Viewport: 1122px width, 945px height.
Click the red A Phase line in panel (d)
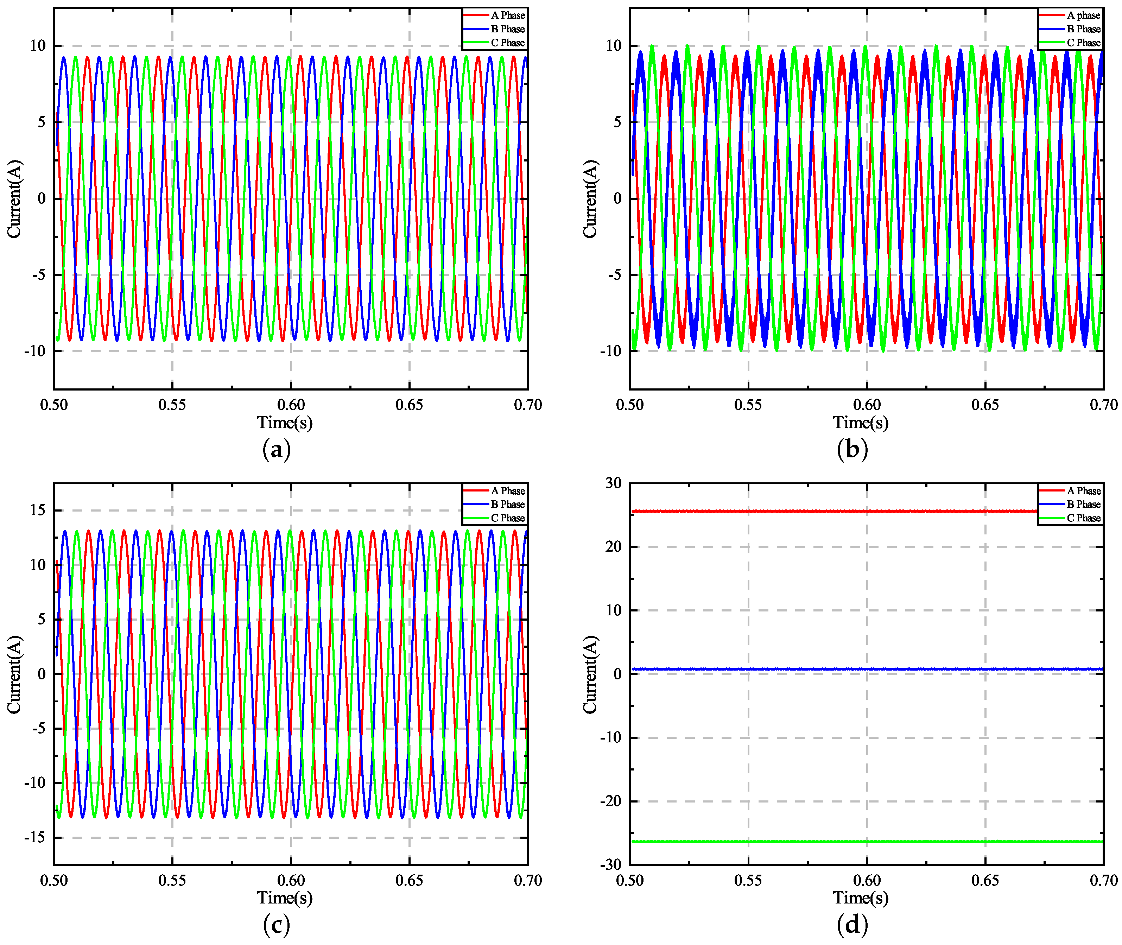coord(831,511)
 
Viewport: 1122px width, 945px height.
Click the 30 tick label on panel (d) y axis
coord(614,483)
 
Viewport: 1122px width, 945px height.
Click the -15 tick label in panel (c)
coord(36,837)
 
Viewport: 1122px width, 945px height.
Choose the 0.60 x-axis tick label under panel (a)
coord(291,405)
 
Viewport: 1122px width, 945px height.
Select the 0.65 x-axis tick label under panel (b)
coord(985,405)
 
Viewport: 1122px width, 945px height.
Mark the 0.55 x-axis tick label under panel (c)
coord(172,880)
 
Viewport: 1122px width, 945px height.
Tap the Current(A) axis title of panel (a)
coord(14,199)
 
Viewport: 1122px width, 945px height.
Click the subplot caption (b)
coord(852,449)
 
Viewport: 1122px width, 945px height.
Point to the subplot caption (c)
coord(277,925)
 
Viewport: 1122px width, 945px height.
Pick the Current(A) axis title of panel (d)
coord(590,674)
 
